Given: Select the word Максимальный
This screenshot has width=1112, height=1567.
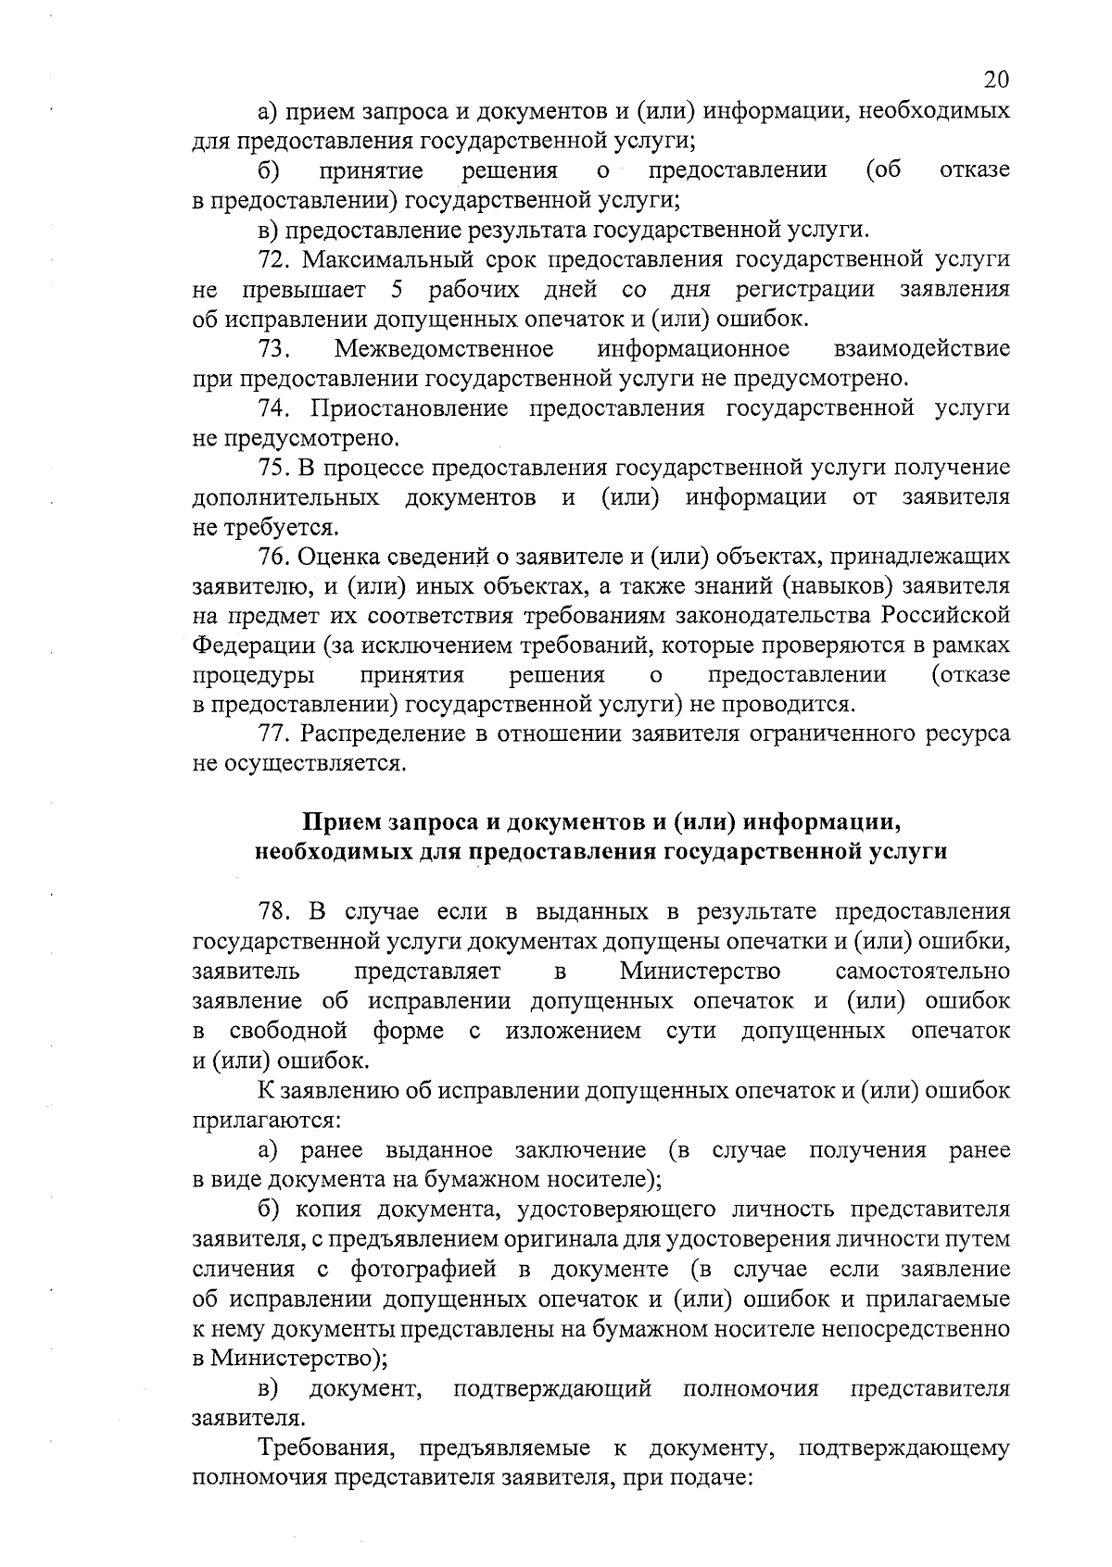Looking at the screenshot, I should [x=388, y=258].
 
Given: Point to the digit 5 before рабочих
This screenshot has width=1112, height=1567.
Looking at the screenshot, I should [x=397, y=289].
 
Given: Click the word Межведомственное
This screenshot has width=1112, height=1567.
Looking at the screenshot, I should [x=445, y=348].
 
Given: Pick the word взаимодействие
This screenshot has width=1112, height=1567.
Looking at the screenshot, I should [x=922, y=348].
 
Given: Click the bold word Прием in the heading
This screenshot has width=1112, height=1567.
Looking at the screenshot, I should [x=342, y=822].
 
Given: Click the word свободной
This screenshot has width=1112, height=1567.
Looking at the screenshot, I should [x=288, y=1030].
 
